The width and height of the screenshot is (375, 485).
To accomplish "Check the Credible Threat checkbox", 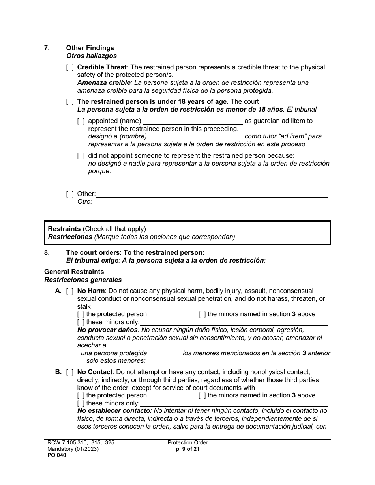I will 70,67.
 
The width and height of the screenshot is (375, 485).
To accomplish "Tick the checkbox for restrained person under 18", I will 70,102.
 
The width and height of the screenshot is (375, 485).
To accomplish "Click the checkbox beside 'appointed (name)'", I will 81,121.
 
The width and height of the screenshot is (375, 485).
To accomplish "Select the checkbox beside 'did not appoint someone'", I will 81,156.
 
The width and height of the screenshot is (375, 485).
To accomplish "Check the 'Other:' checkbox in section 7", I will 70,194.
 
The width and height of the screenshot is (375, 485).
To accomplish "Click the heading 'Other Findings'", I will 90,48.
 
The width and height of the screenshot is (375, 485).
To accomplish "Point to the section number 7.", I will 47,48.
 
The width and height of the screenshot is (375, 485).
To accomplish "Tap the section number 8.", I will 47,252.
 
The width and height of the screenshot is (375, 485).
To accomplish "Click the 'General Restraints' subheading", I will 74,272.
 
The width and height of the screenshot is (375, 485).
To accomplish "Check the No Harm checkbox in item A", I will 70,291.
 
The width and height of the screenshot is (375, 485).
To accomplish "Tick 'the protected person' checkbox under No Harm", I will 81,314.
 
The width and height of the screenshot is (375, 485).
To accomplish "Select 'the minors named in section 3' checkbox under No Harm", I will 202,314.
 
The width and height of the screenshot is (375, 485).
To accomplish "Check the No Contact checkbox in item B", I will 70,372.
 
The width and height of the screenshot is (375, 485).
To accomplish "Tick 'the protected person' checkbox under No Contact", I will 81,395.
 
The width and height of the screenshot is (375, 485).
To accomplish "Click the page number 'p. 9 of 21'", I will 187,449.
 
